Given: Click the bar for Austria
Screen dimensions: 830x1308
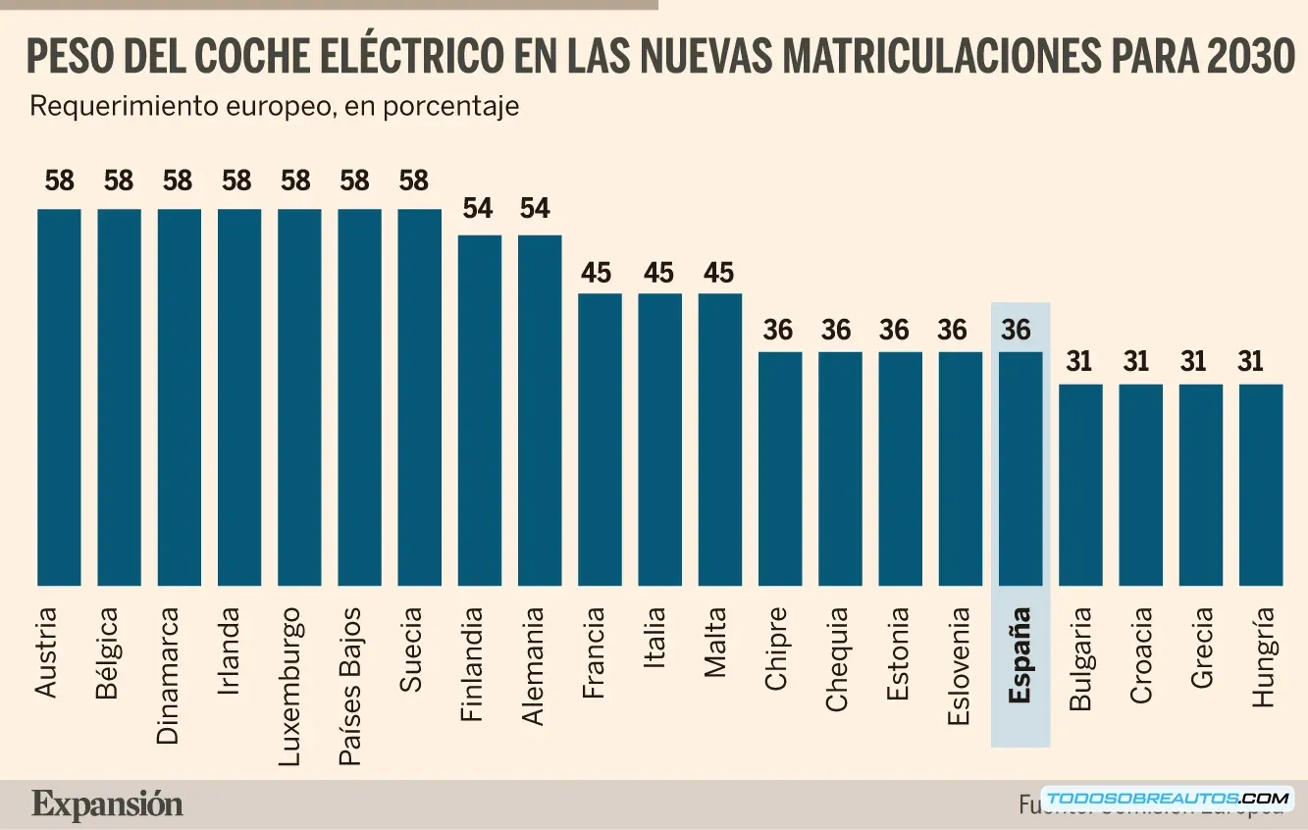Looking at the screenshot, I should pyautogui.click(x=59, y=397).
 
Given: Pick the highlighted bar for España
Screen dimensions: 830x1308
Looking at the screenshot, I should pyautogui.click(x=1020, y=468).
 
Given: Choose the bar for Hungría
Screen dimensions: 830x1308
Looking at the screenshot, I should pyautogui.click(x=1261, y=485).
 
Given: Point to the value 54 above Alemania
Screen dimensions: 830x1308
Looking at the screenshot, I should pyautogui.click(x=535, y=208).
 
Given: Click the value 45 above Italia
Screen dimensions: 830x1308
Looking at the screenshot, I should pyautogui.click(x=658, y=273).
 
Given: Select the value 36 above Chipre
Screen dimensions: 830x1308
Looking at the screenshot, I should pyautogui.click(x=778, y=331).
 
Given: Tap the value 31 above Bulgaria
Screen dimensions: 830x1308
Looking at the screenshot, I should pyautogui.click(x=1079, y=362).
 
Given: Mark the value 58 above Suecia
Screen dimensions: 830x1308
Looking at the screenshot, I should pyautogui.click(x=415, y=182).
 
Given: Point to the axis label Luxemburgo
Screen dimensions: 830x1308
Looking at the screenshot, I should pyautogui.click(x=290, y=676).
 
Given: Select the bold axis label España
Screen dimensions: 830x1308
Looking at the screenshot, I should pyautogui.click(x=1020, y=655).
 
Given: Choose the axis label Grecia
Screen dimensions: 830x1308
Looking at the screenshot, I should pyautogui.click(x=1201, y=654).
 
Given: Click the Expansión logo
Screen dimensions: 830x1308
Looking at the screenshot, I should pyautogui.click(x=107, y=804).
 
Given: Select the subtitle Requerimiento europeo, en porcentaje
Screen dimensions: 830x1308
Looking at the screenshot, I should pyautogui.click(x=274, y=106).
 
